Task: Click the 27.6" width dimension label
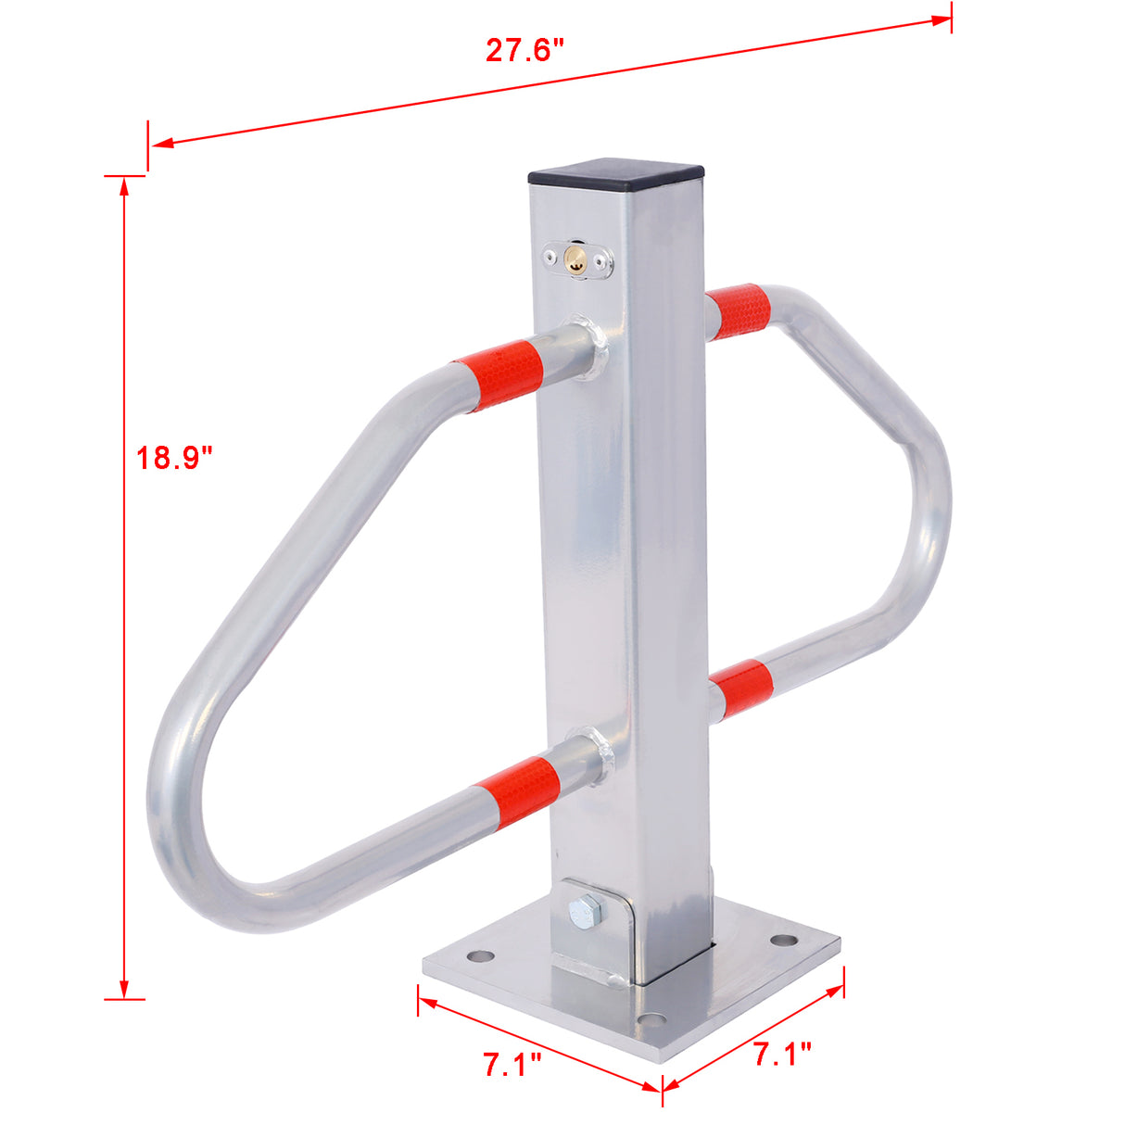525,49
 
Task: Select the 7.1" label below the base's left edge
512,1065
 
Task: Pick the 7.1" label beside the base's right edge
782,1054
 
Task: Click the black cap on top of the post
615,172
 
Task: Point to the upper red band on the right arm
739,311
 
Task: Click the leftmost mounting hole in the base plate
478,954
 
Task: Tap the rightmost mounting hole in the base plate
784,940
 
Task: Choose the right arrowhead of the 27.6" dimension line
942,19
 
